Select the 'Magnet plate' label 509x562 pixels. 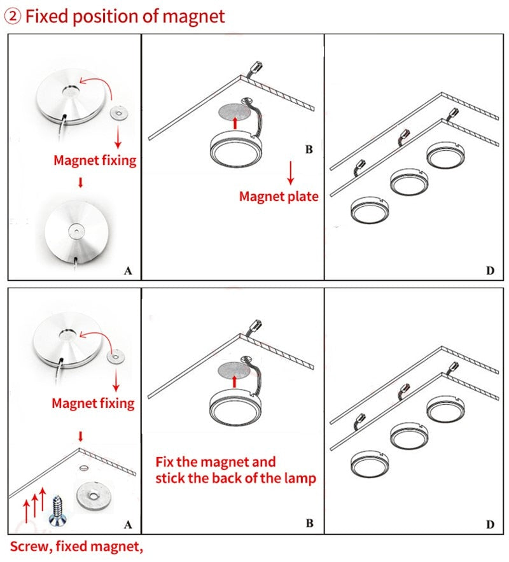[x=278, y=196]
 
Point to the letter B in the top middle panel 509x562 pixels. [x=309, y=150]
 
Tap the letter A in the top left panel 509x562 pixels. [x=128, y=270]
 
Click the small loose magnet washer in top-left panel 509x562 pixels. [x=116, y=113]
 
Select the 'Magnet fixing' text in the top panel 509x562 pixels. [x=95, y=160]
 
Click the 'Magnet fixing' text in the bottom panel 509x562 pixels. [x=93, y=403]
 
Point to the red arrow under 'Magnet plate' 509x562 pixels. [x=291, y=172]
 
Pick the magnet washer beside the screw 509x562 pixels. [x=94, y=493]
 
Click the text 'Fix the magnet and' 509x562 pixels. [x=216, y=461]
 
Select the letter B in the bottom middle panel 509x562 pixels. [x=309, y=523]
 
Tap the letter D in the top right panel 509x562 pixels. [x=490, y=270]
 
